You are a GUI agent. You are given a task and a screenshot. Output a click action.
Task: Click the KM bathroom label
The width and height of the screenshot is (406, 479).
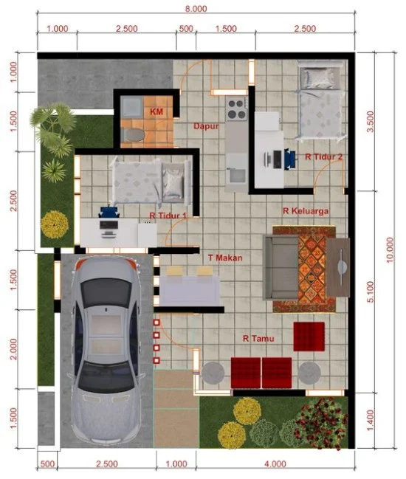coord(156,111)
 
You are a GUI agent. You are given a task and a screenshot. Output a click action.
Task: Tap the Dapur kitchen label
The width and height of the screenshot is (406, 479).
coord(206,126)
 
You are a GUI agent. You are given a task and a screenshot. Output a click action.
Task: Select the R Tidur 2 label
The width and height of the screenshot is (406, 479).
coord(324,156)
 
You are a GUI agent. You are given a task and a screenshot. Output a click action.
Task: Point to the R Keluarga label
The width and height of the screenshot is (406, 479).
coord(306,211)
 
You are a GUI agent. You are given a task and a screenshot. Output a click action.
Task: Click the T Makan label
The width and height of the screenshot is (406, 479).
coord(225,258)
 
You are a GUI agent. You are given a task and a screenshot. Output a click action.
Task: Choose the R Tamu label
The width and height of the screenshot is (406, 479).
coord(258,339)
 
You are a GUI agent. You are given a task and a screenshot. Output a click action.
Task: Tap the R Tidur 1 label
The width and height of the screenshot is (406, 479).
coord(168,216)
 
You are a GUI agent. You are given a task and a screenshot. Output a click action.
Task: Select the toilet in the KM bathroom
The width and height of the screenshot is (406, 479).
coord(133,135)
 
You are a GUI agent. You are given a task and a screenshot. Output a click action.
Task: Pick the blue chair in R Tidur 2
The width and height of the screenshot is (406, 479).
coord(289,159)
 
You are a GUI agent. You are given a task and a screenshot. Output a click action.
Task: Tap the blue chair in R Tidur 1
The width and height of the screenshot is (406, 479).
coord(109,211)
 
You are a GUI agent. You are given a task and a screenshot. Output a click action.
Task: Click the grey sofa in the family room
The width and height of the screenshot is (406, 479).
coord(281,268)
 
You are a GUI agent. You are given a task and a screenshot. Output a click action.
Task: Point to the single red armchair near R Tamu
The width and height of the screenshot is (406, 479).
coord(309,337)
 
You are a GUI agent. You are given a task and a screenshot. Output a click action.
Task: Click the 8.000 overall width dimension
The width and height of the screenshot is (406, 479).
coord(196,9)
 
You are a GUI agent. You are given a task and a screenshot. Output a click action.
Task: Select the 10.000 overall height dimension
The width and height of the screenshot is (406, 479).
coord(390,250)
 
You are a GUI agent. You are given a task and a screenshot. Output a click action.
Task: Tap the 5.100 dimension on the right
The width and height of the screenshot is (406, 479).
coord(371,292)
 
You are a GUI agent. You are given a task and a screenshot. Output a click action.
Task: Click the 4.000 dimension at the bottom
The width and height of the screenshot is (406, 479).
coord(275,464)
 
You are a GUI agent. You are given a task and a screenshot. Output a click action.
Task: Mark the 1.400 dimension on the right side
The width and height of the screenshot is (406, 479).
coord(371,421)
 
